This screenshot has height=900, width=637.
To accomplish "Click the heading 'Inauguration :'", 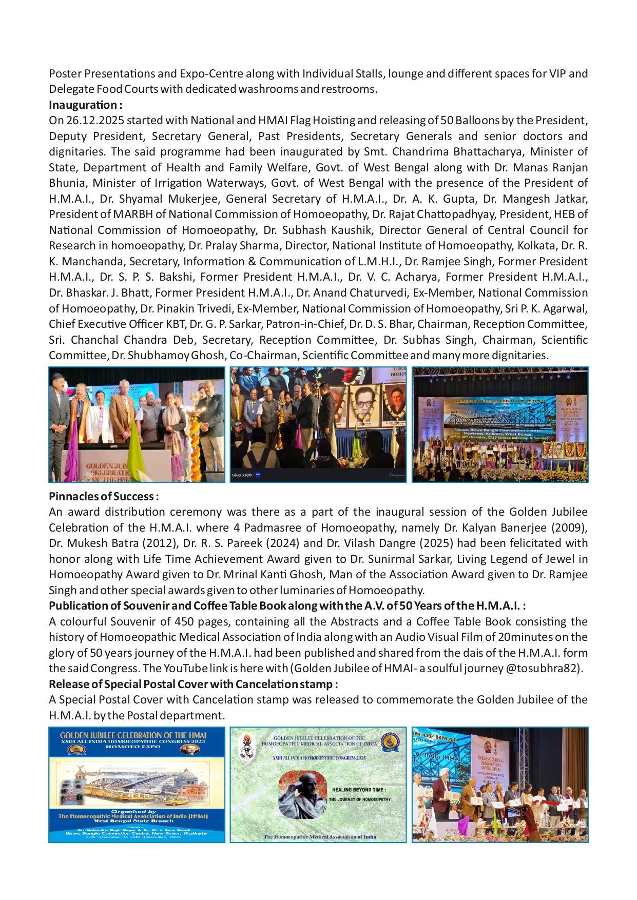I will point(85,105).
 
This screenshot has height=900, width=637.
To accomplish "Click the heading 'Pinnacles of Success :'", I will point(103,497).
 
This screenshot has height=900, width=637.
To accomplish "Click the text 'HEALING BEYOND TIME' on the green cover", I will point(359,790).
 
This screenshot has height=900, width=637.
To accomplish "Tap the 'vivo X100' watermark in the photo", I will point(242,475).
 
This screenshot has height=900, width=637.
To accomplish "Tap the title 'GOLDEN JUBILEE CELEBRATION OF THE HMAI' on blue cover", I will point(133,735).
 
